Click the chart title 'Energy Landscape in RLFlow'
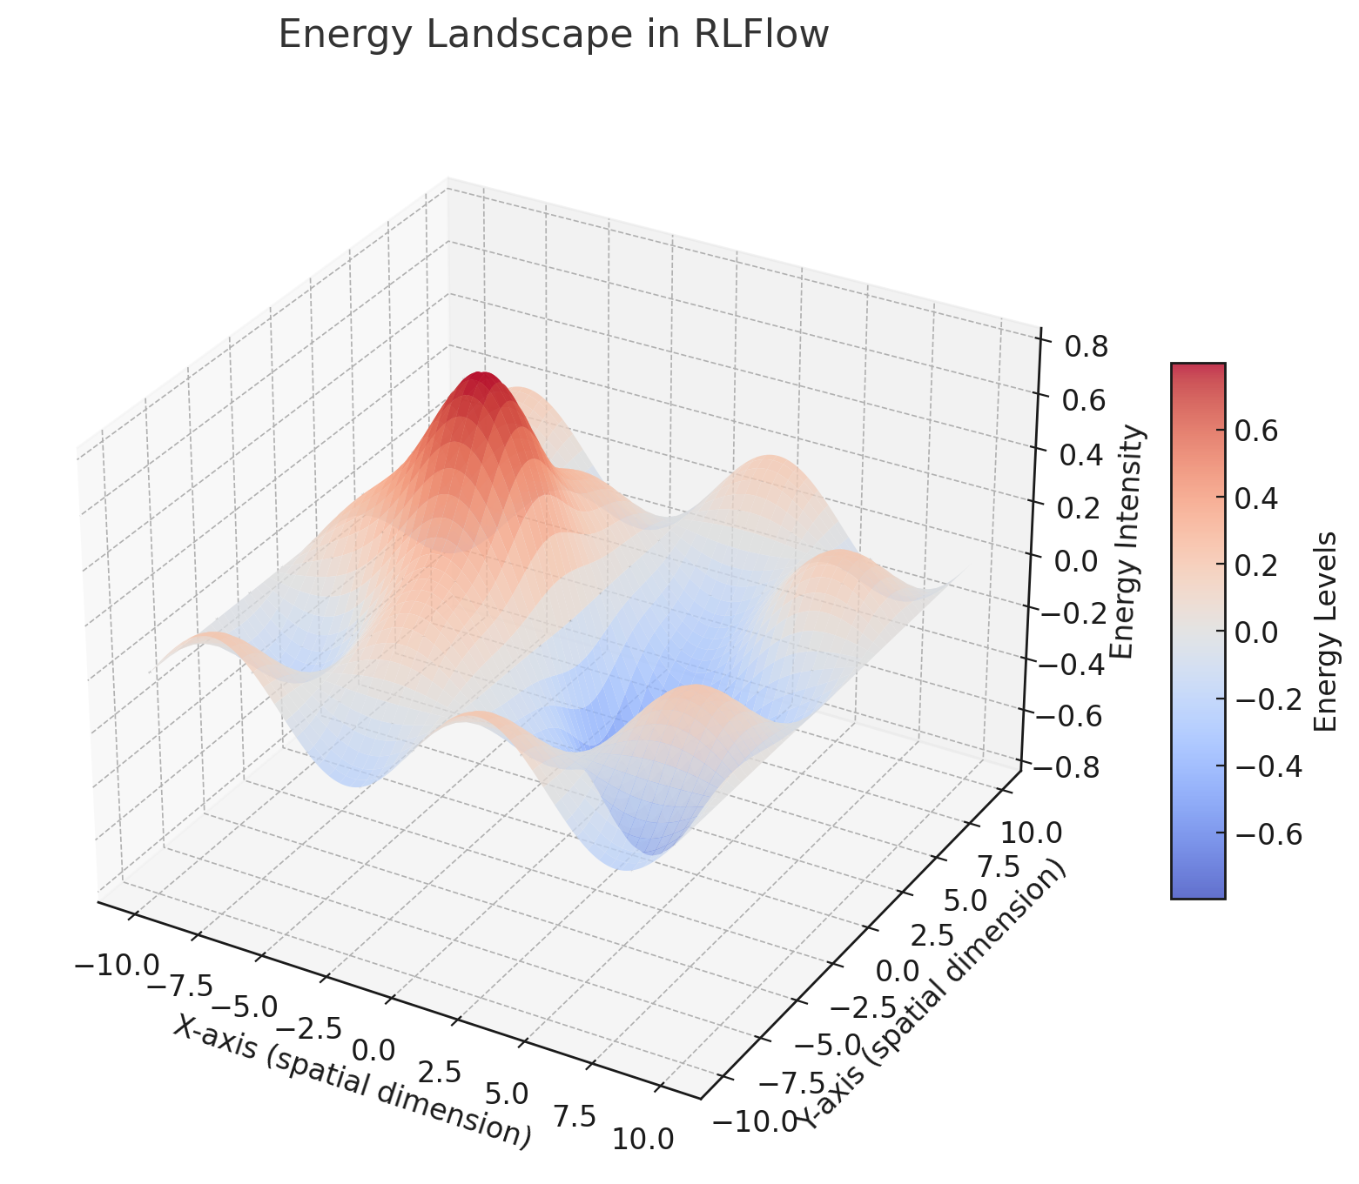553,36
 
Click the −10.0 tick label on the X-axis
117,965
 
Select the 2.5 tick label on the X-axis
440,1071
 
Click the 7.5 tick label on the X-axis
574,1115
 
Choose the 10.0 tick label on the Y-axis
1031,833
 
